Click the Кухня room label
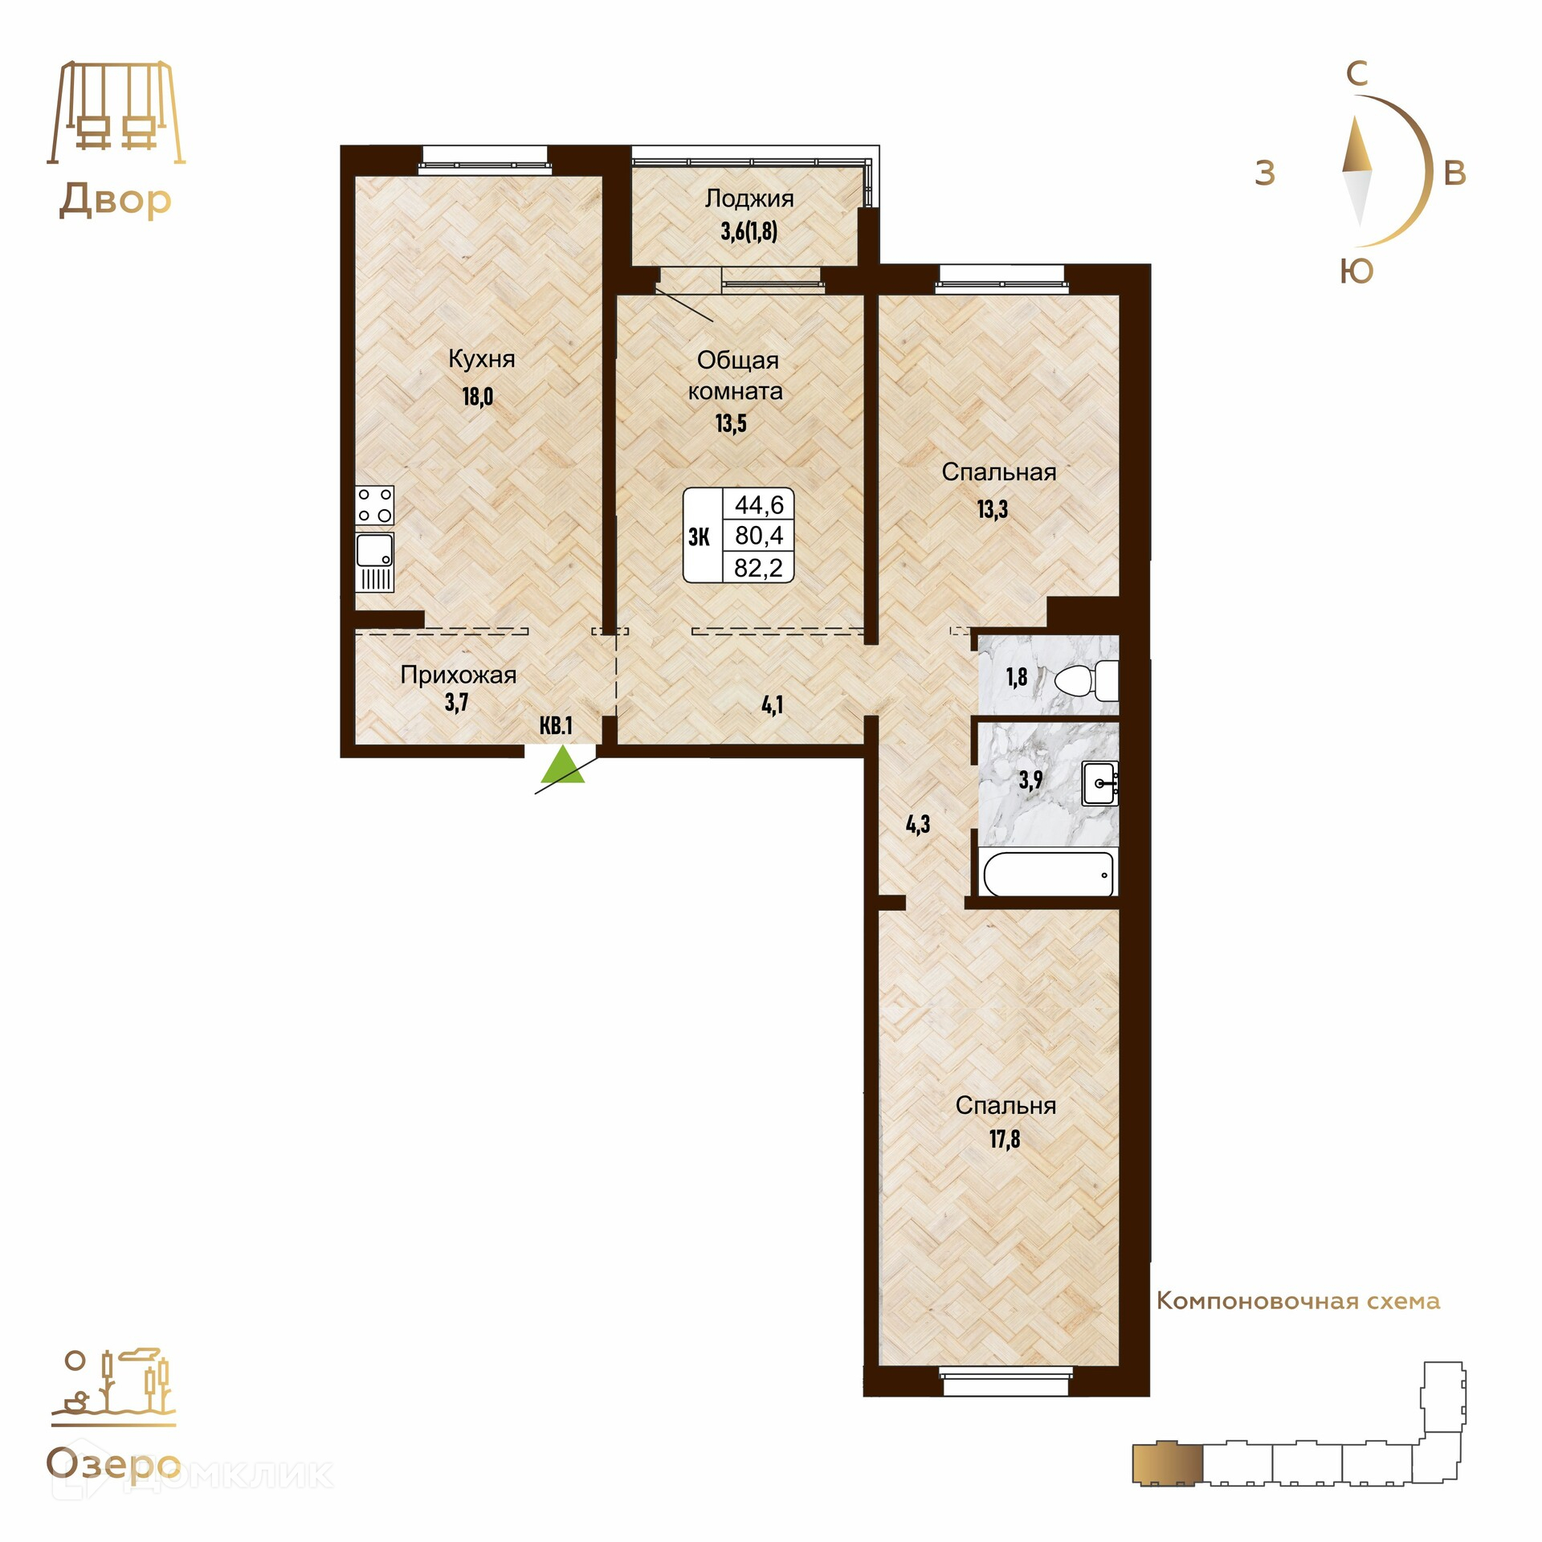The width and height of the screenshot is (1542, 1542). click(x=481, y=359)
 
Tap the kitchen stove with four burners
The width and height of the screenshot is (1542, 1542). click(x=374, y=505)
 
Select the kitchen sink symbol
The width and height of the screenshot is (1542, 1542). click(x=374, y=561)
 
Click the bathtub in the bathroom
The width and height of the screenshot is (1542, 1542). click(x=1048, y=873)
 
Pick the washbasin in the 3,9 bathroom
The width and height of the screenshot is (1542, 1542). click(x=1100, y=784)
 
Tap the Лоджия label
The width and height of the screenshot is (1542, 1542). click(x=749, y=198)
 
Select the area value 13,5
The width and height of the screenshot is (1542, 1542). click(x=731, y=423)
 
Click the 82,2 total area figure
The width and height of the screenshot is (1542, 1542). click(x=758, y=568)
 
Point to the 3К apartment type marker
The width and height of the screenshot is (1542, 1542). click(x=699, y=536)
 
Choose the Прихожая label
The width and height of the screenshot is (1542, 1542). click(x=458, y=675)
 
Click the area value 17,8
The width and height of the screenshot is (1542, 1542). click(x=1005, y=1139)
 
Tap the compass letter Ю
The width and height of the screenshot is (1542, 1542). click(x=1356, y=272)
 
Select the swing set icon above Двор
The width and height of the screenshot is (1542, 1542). click(x=116, y=112)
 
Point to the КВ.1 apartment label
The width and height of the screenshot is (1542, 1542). click(x=556, y=725)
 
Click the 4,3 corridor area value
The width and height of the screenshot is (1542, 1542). click(x=918, y=823)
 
